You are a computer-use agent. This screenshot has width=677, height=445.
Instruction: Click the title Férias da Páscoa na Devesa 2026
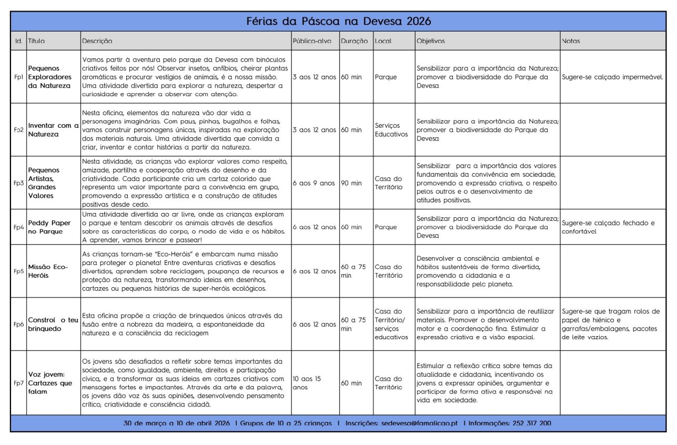pyautogui.click(x=338, y=21)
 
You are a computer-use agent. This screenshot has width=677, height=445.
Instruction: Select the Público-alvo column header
pyautogui.click(x=311, y=41)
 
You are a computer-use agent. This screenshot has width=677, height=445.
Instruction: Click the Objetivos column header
pyautogui.click(x=430, y=41)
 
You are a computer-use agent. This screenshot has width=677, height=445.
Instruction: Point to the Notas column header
pyautogui.click(x=571, y=41)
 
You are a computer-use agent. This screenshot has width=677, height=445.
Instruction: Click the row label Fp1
pyautogui.click(x=18, y=77)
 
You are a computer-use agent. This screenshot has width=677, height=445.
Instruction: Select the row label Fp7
pyautogui.click(x=18, y=383)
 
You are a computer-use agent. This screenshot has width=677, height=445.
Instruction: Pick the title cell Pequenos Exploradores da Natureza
pyautogui.click(x=49, y=77)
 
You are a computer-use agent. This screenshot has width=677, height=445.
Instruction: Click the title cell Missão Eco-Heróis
pyautogui.click(x=48, y=271)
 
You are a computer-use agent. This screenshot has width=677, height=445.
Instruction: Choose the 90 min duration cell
pyautogui.click(x=351, y=183)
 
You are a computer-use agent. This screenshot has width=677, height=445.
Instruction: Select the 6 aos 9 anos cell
pyautogui.click(x=314, y=183)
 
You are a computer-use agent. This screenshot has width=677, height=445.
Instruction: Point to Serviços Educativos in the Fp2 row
pyautogui.click(x=391, y=130)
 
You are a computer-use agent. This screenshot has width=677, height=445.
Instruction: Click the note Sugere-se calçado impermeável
pyautogui.click(x=612, y=77)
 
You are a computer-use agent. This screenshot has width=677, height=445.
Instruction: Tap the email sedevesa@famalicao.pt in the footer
pyautogui.click(x=419, y=423)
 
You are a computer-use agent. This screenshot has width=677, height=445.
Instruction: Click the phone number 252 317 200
pyautogui.click(x=531, y=423)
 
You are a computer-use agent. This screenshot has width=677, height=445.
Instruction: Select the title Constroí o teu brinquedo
pyautogui.click(x=53, y=325)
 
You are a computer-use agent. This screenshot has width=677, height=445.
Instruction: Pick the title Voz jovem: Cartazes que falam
pyautogui.click(x=50, y=383)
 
